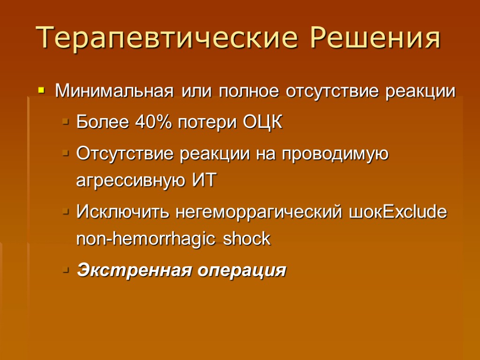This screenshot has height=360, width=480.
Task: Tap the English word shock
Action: tap(247, 239)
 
